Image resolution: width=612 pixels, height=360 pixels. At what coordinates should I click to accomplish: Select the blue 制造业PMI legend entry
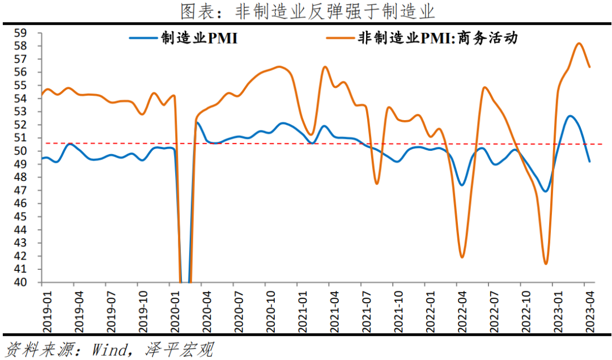pyautogui.click(x=183, y=39)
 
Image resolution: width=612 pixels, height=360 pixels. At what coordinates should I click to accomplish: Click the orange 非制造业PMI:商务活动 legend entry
pyautogui.click(x=422, y=39)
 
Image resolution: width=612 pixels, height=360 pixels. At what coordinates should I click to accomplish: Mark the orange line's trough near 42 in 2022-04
pyautogui.click(x=462, y=257)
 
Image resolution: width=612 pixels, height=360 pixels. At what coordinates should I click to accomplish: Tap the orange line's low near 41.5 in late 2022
pyautogui.click(x=546, y=264)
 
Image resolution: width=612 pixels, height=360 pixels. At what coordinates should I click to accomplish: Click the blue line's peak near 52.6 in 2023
pyautogui.click(x=570, y=116)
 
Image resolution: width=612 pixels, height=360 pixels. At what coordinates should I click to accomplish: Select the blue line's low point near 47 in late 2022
pyautogui.click(x=546, y=191)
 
